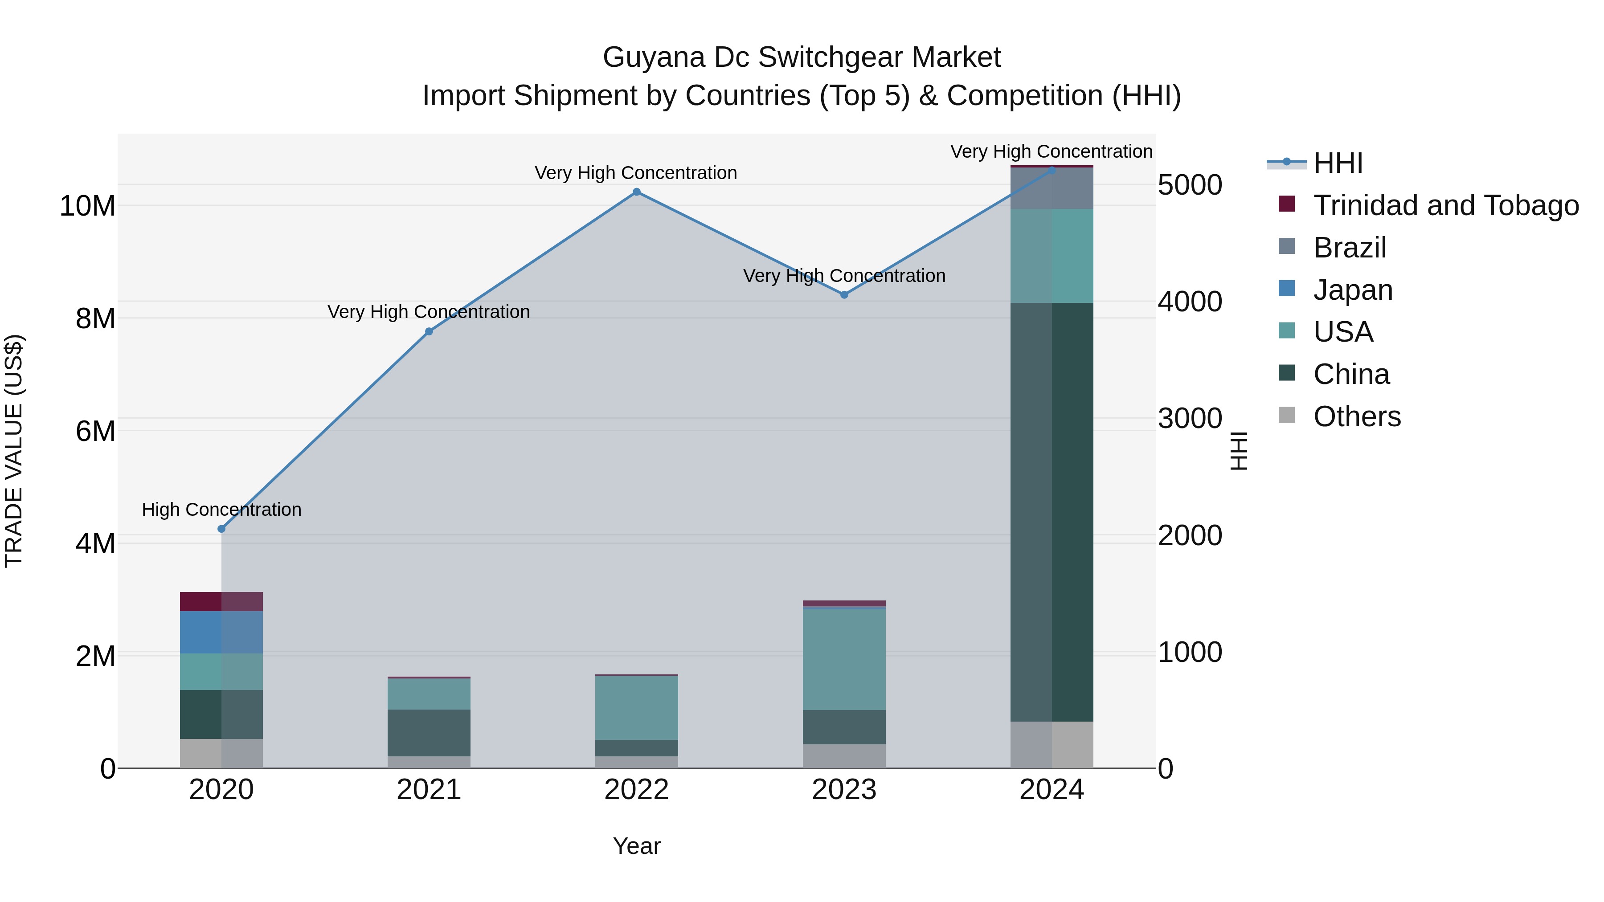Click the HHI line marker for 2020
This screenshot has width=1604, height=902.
[x=221, y=528]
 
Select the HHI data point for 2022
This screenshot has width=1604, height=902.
[x=636, y=192]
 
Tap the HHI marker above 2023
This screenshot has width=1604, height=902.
[x=844, y=294]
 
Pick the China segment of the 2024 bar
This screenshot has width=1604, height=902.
[x=1052, y=512]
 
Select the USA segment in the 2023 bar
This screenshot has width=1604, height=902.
[x=844, y=659]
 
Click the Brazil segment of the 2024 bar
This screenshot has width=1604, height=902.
[x=1052, y=188]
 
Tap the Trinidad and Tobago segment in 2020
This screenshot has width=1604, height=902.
[x=221, y=601]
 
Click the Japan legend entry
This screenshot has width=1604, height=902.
[x=1352, y=290]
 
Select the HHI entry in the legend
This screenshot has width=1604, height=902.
[x=1338, y=163]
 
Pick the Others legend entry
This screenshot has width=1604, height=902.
[x=1356, y=416]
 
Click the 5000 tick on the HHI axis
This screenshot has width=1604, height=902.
[x=1189, y=185]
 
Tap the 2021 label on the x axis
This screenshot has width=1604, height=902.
[x=429, y=790]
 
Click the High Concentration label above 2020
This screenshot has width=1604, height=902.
[x=221, y=509]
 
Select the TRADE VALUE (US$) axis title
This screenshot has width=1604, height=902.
[x=14, y=451]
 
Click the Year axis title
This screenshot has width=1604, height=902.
[x=636, y=846]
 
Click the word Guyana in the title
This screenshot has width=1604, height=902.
[x=654, y=57]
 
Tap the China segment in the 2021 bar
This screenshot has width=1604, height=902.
[x=429, y=733]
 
